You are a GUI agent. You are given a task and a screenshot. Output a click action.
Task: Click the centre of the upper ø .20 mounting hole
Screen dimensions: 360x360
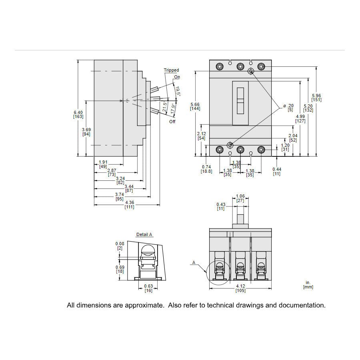pyautogui.click(x=251, y=71)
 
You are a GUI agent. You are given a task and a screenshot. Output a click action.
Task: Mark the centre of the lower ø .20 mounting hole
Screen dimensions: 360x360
pyautogui.click(x=230, y=145)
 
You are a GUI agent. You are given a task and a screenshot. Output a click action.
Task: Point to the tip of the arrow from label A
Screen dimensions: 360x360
pyautogui.click(x=206, y=273)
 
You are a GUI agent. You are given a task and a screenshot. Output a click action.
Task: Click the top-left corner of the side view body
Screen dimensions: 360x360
pyautogui.click(x=94, y=60)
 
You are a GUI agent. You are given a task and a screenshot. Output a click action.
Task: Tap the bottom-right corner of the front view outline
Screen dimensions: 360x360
pyautogui.click(x=271, y=156)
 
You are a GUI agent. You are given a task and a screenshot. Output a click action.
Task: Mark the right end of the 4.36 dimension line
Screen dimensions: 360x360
pyautogui.click(x=160, y=204)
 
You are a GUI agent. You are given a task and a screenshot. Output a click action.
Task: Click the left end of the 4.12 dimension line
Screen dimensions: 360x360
pyautogui.click(x=209, y=288)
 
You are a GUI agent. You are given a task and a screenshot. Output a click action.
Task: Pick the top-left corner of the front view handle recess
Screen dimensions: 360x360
pyautogui.click(x=232, y=81)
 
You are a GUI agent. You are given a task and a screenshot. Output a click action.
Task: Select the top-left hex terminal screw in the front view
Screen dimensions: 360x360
pyautogui.click(x=220, y=67)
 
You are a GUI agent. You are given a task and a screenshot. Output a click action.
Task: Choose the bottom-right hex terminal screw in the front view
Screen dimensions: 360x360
pyautogui.click(x=261, y=150)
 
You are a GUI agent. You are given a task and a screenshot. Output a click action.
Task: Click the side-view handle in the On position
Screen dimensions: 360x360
pyautogui.click(x=154, y=89)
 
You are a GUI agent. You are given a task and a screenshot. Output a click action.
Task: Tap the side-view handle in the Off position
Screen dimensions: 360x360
pyautogui.click(x=154, y=111)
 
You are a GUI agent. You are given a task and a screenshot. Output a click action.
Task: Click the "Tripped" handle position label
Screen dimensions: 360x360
pyautogui.click(x=171, y=70)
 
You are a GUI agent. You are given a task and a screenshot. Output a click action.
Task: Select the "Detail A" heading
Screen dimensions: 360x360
pyautogui.click(x=144, y=234)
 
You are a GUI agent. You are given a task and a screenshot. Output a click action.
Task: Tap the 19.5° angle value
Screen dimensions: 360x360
pyautogui.click(x=178, y=91)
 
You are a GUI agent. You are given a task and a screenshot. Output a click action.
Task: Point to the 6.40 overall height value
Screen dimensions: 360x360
pyautogui.click(x=78, y=112)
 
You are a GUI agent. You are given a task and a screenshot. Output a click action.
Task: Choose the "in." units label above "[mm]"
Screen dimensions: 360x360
pyautogui.click(x=308, y=283)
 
